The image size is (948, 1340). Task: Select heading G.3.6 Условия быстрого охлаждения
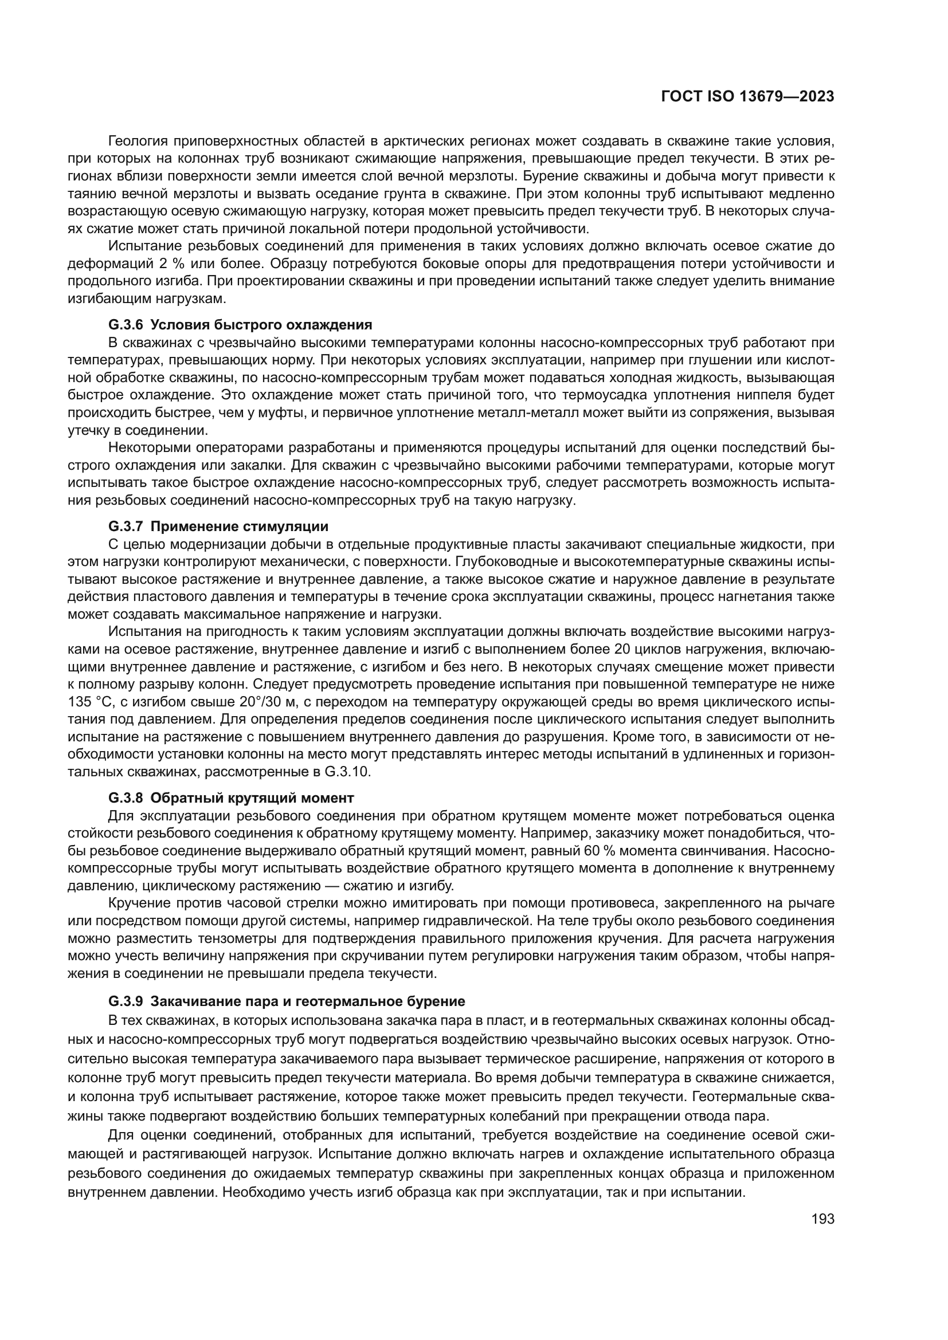click(240, 324)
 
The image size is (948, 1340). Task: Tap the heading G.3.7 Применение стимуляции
click(218, 526)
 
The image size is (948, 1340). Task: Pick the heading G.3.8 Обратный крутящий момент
click(230, 797)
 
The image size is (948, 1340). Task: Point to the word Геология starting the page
click(138, 142)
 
